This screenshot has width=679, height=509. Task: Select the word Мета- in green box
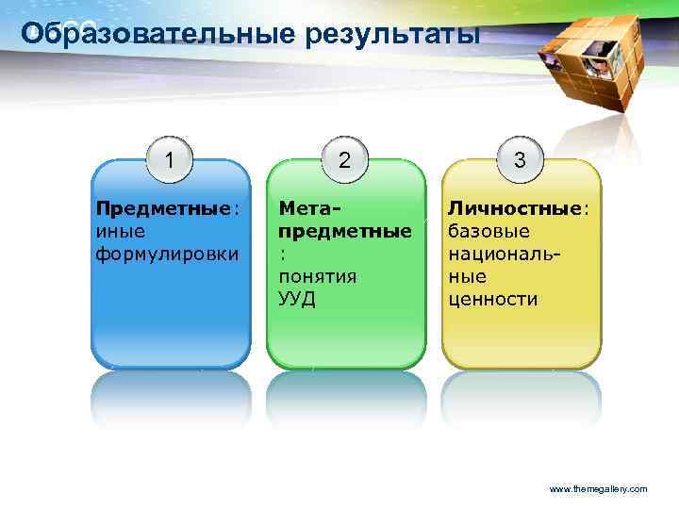[308, 208]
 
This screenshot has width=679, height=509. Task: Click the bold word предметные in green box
[343, 231]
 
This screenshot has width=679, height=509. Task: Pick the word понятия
[317, 276]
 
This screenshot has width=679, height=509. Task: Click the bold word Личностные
[515, 208]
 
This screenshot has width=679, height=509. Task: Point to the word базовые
[488, 231]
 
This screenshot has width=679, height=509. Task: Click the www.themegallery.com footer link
[598, 489]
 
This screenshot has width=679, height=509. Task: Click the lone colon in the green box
[281, 254]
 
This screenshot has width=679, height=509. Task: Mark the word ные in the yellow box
[468, 276]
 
